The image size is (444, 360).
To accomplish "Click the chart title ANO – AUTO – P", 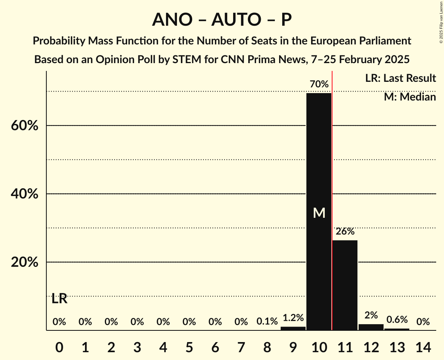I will pos(222,19).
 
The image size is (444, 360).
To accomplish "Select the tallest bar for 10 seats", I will pos(319,175).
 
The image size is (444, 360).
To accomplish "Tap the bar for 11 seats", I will pos(345,284).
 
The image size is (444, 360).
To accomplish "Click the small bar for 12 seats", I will pos(371,327).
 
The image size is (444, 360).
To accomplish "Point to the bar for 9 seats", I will pos(293,328).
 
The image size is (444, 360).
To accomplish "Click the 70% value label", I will pos(319,84).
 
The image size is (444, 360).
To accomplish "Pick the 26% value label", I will pos(345,231).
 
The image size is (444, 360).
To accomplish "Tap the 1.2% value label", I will pos(293,318).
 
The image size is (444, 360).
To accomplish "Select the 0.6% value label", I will pos(397,320).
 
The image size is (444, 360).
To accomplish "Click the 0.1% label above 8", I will pos(267,322).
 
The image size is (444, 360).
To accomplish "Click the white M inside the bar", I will pos(319,213).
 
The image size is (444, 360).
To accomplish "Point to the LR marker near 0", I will pos(59,299).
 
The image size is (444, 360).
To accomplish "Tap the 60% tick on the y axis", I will pos(24,126).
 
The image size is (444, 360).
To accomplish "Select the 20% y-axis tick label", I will pos(24,262).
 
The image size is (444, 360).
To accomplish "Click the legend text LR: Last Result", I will pos(400,78).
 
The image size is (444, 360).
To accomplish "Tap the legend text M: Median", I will pos(410,97).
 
